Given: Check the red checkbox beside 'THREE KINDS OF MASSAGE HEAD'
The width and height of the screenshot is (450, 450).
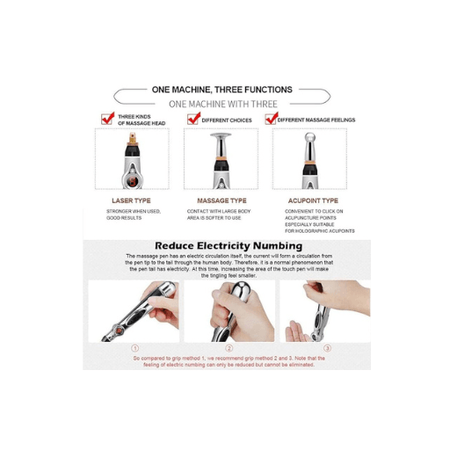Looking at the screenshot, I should pos(107,120).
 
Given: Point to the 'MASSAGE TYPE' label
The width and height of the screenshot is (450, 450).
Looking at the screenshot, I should pos(221,200).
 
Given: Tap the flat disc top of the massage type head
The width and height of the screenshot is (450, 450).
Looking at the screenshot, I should pos(221,135).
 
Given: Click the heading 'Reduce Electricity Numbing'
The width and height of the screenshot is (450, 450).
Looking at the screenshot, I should pos(228,246).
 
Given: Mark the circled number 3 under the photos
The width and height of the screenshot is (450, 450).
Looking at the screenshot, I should pos(327,348).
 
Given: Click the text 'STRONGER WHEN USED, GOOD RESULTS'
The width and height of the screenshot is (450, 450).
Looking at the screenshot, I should pos(133,214).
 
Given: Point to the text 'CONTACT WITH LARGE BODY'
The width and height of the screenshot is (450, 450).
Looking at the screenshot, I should pos(221,212).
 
